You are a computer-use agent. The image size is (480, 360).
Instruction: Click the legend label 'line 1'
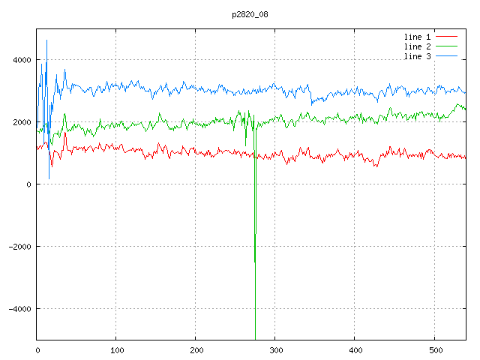[x=418, y=36]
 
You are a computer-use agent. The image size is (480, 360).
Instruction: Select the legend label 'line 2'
[x=418, y=46]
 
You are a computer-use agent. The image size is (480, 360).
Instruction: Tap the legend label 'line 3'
[x=418, y=57]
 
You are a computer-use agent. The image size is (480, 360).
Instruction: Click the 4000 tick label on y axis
[x=22, y=60]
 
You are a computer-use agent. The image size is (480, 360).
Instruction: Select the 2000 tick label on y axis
[x=22, y=122]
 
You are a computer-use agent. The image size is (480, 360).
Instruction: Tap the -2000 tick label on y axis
[x=19, y=247]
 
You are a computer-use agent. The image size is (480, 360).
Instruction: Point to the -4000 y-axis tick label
[x=19, y=309]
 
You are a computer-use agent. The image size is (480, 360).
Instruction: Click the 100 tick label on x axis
[x=116, y=349]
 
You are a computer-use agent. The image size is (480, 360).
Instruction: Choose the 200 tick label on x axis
[x=196, y=349]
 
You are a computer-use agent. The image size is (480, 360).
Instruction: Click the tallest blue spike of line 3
[x=46, y=41]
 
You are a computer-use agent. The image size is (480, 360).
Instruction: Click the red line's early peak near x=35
[x=65, y=133]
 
